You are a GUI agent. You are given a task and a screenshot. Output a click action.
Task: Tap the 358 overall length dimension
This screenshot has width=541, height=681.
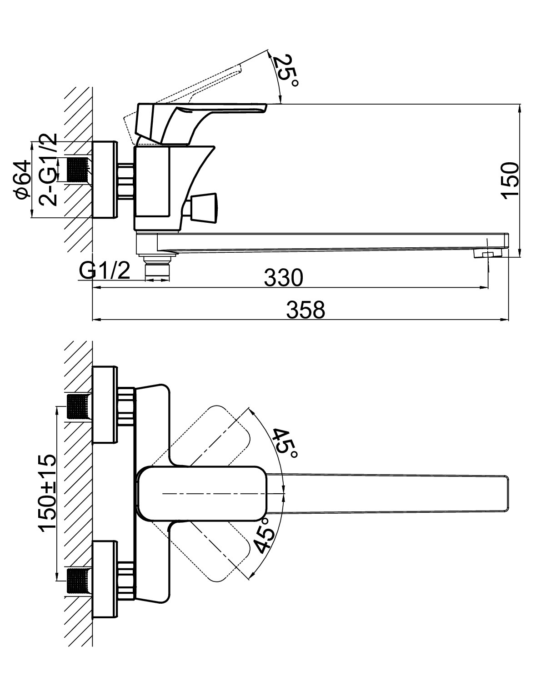tap(305, 310)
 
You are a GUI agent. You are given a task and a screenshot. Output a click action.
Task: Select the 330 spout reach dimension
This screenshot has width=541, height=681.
tap(283, 277)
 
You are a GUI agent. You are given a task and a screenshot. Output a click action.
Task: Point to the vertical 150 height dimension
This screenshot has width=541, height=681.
tap(510, 180)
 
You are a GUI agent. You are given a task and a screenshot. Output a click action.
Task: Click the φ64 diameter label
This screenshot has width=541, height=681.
tap(24, 180)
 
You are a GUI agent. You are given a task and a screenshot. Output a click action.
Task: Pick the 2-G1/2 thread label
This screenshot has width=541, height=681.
tap(48, 170)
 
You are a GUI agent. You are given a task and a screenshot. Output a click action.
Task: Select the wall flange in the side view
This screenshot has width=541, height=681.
tap(105, 180)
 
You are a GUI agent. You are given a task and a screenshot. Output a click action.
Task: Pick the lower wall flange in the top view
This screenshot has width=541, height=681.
tap(105, 580)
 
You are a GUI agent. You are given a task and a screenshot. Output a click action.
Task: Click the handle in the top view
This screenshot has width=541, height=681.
tap(202, 493)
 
